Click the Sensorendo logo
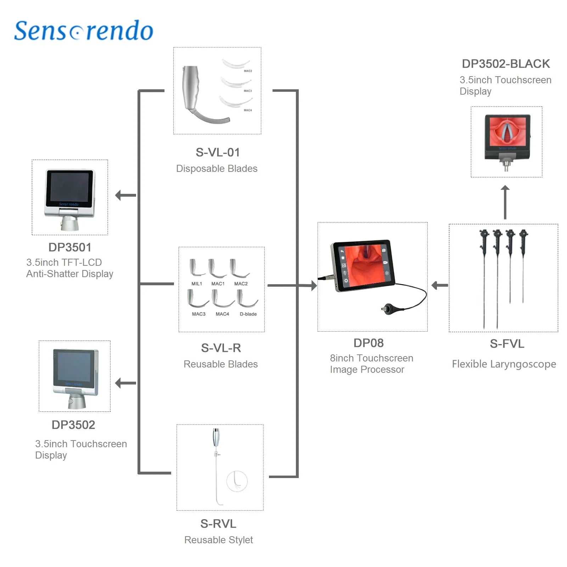[x=84, y=30]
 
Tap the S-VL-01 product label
[x=218, y=152]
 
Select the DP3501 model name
[x=70, y=247]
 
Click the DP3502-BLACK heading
[x=506, y=64]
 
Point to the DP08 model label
[x=369, y=343]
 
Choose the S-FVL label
[x=507, y=344]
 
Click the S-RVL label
[x=218, y=524]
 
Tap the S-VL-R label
[x=221, y=348]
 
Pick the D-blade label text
[x=248, y=314]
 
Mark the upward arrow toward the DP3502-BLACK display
[x=505, y=202]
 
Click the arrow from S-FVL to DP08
[x=440, y=285]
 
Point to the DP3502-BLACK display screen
[x=507, y=131]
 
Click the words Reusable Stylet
[x=219, y=540]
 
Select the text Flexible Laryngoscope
[x=504, y=364]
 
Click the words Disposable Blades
[x=217, y=168]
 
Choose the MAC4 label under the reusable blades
[x=222, y=314]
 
